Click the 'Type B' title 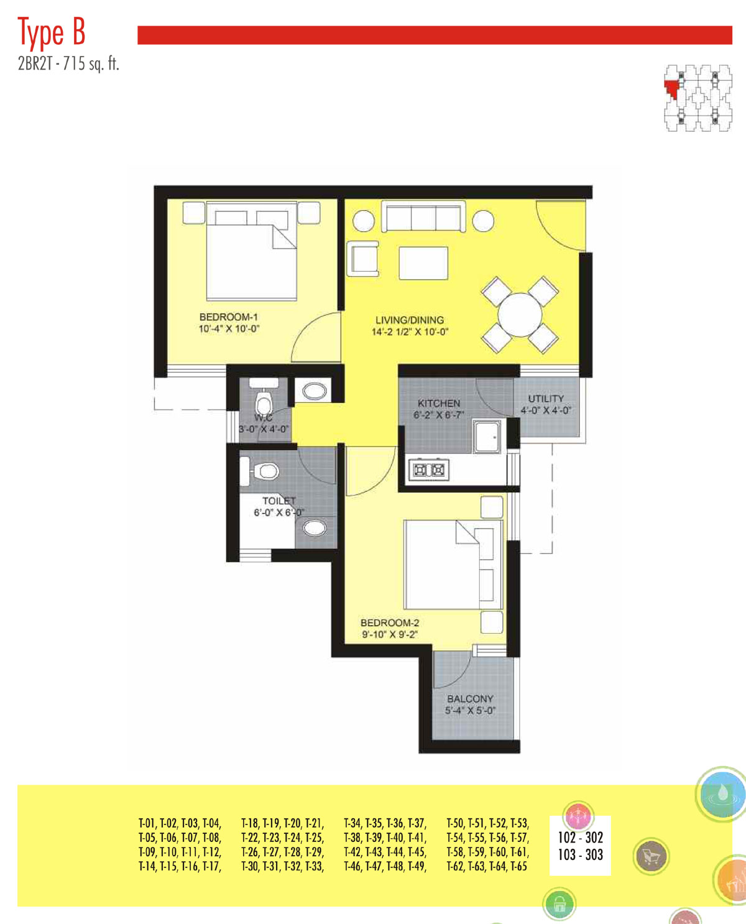pos(51,32)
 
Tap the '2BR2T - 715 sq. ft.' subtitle pos(68,64)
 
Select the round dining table pos(520,315)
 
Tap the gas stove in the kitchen pos(428,469)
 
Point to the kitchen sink pos(487,437)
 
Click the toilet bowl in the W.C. pos(263,402)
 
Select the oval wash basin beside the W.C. pos(315,391)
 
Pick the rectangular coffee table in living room pos(423,263)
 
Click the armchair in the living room pos(363,259)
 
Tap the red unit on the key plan pos(671,90)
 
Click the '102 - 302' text pos(580,837)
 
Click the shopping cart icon pos(651,856)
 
